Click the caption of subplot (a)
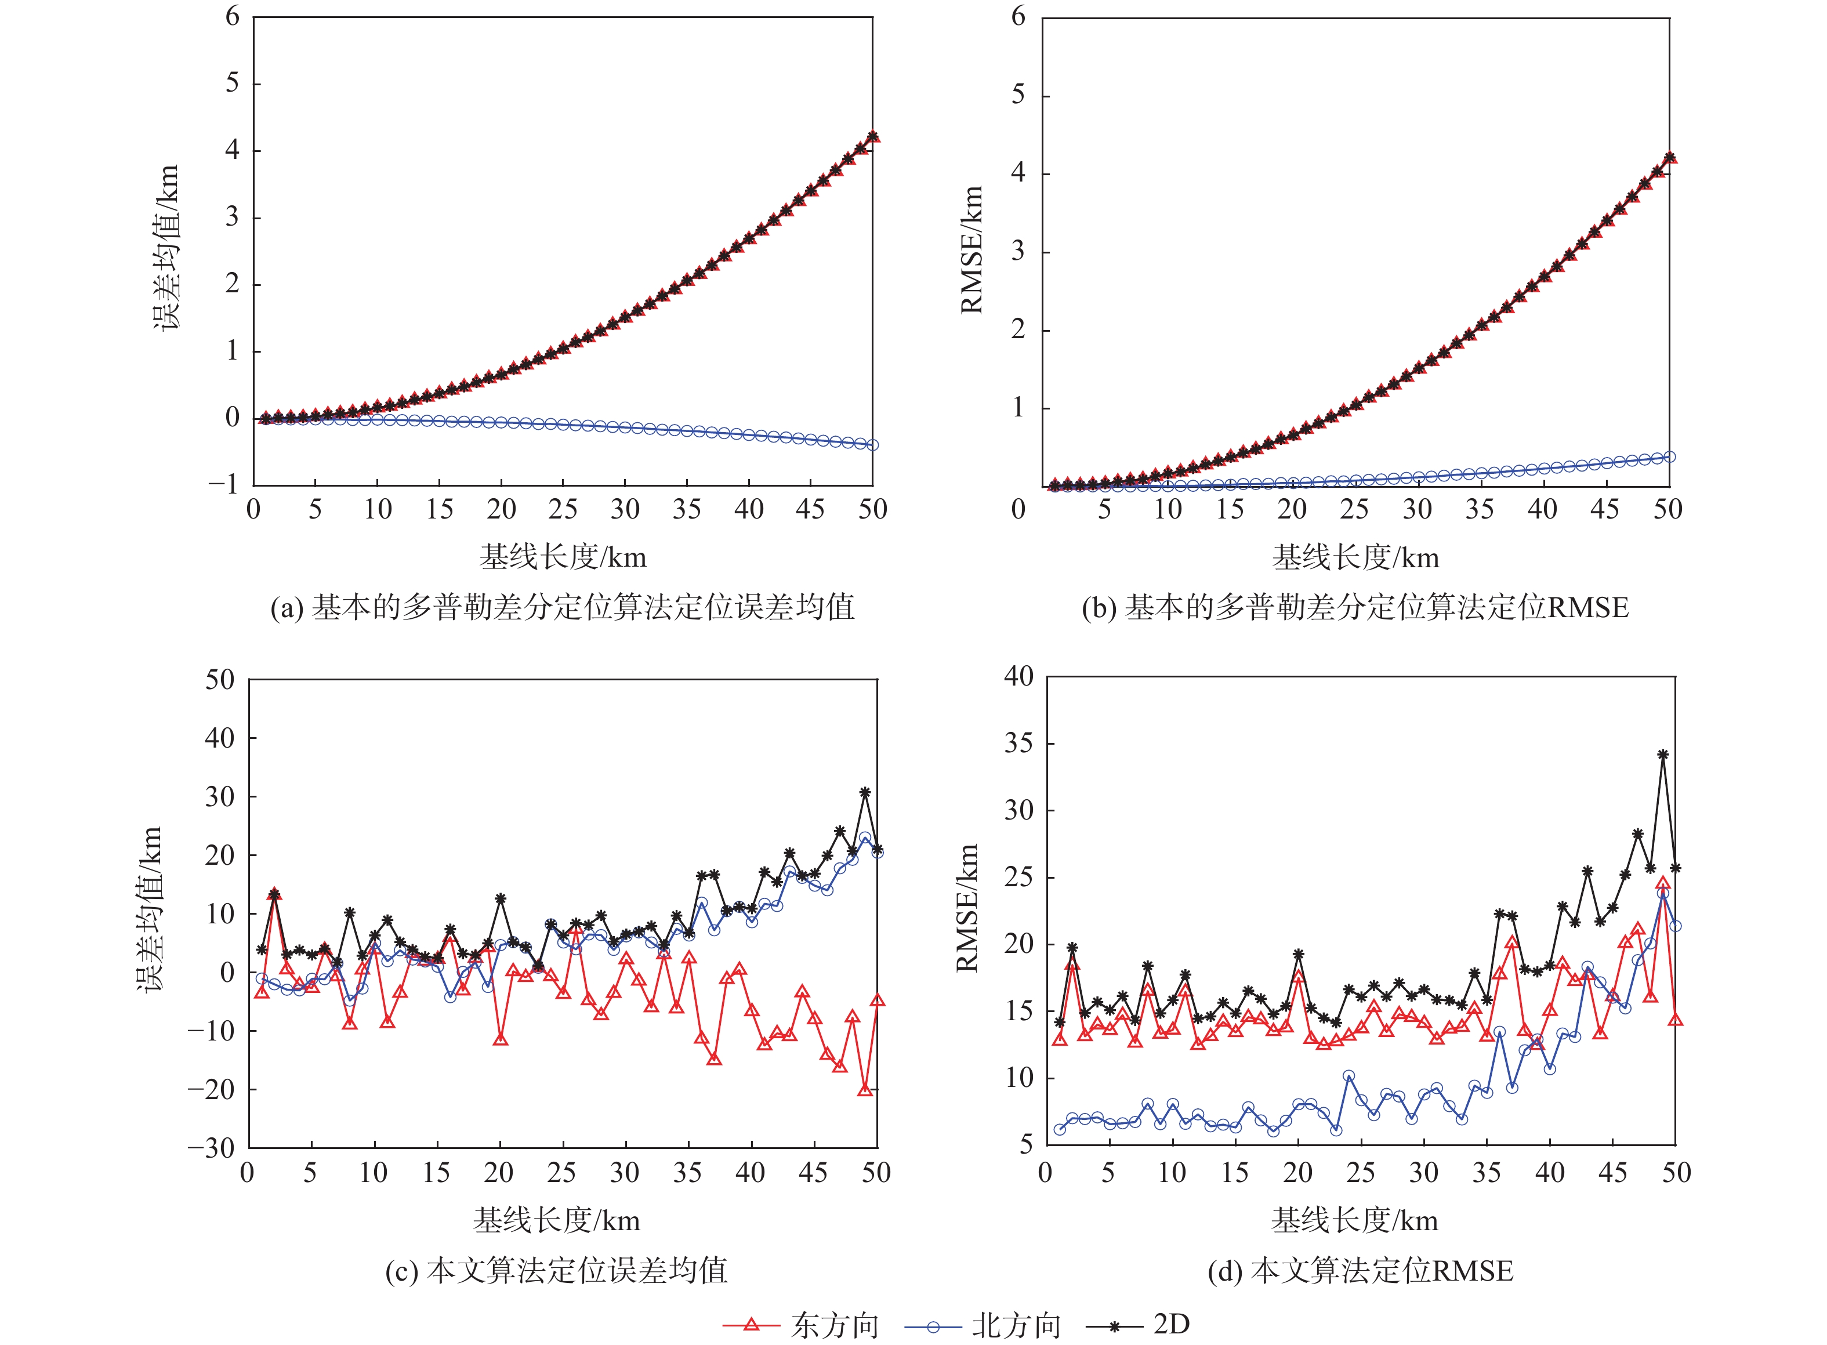point(563,607)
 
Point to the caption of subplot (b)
point(1355,607)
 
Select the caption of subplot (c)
point(556,1270)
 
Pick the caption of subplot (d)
point(1360,1270)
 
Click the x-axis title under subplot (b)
point(1355,558)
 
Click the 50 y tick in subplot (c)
point(220,680)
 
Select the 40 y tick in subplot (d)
point(1018,677)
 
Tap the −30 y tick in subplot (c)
point(212,1148)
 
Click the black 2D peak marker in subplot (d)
point(1662,755)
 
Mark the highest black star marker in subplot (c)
point(865,792)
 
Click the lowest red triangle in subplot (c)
point(865,1089)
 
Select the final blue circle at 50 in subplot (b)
point(1670,457)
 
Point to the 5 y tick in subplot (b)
point(1018,95)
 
